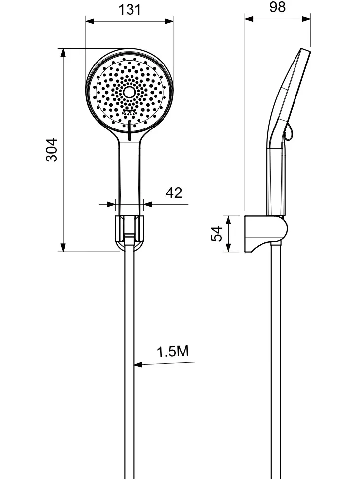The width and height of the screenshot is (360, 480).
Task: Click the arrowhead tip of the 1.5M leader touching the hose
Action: (x=134, y=365)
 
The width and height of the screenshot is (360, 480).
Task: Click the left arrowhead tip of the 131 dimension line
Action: (x=86, y=21)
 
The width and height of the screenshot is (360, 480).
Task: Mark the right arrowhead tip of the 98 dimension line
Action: (x=310, y=19)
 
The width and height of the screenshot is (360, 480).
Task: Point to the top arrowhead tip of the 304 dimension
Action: (x=63, y=48)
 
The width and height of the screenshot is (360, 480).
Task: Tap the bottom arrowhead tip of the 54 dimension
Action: (x=229, y=252)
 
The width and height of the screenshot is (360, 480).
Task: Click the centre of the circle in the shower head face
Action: (x=130, y=92)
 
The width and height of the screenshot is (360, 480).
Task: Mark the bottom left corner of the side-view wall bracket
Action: (x=245, y=252)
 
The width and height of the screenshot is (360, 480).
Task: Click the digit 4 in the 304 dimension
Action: (x=51, y=142)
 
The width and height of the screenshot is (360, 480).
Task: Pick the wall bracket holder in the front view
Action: (x=130, y=232)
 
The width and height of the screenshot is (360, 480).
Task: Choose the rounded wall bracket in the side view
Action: (x=266, y=234)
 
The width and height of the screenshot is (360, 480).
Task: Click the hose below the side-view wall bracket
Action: (x=276, y=361)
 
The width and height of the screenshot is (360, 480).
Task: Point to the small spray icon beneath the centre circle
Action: (x=130, y=112)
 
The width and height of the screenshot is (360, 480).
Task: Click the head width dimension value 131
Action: (x=130, y=10)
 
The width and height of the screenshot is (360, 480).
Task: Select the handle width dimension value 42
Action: (x=174, y=192)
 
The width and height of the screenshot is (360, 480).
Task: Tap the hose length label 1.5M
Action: (x=173, y=351)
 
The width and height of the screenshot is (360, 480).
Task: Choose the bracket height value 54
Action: (x=216, y=233)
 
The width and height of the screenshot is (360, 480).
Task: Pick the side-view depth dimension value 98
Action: (x=277, y=7)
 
